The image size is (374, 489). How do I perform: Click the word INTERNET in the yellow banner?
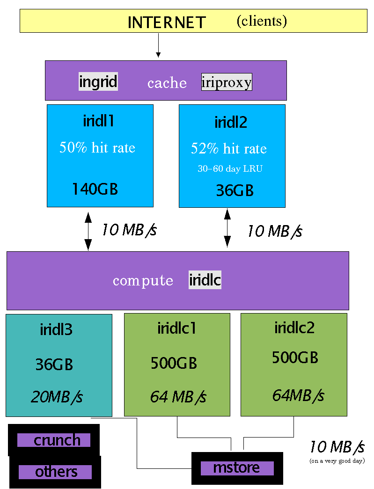167,22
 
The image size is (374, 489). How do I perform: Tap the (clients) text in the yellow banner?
261,21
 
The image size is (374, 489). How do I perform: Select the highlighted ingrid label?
98,82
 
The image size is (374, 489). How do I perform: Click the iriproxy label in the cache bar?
227,82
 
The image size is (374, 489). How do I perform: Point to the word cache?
167,83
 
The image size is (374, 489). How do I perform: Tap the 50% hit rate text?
97,147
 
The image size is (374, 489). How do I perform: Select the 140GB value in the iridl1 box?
95,189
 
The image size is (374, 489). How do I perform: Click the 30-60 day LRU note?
230,169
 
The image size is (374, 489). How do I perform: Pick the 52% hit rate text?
228,148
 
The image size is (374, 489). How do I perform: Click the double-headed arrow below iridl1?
88,231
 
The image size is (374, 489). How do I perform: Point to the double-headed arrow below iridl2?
227,228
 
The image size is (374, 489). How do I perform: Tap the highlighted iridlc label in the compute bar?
205,280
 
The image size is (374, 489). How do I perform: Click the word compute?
143,281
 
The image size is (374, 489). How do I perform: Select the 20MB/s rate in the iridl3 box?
57,397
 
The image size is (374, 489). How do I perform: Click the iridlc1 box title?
177,328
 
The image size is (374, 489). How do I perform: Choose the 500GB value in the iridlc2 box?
295,358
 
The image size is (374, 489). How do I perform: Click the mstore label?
237,468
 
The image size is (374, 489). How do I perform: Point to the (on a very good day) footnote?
337,461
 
